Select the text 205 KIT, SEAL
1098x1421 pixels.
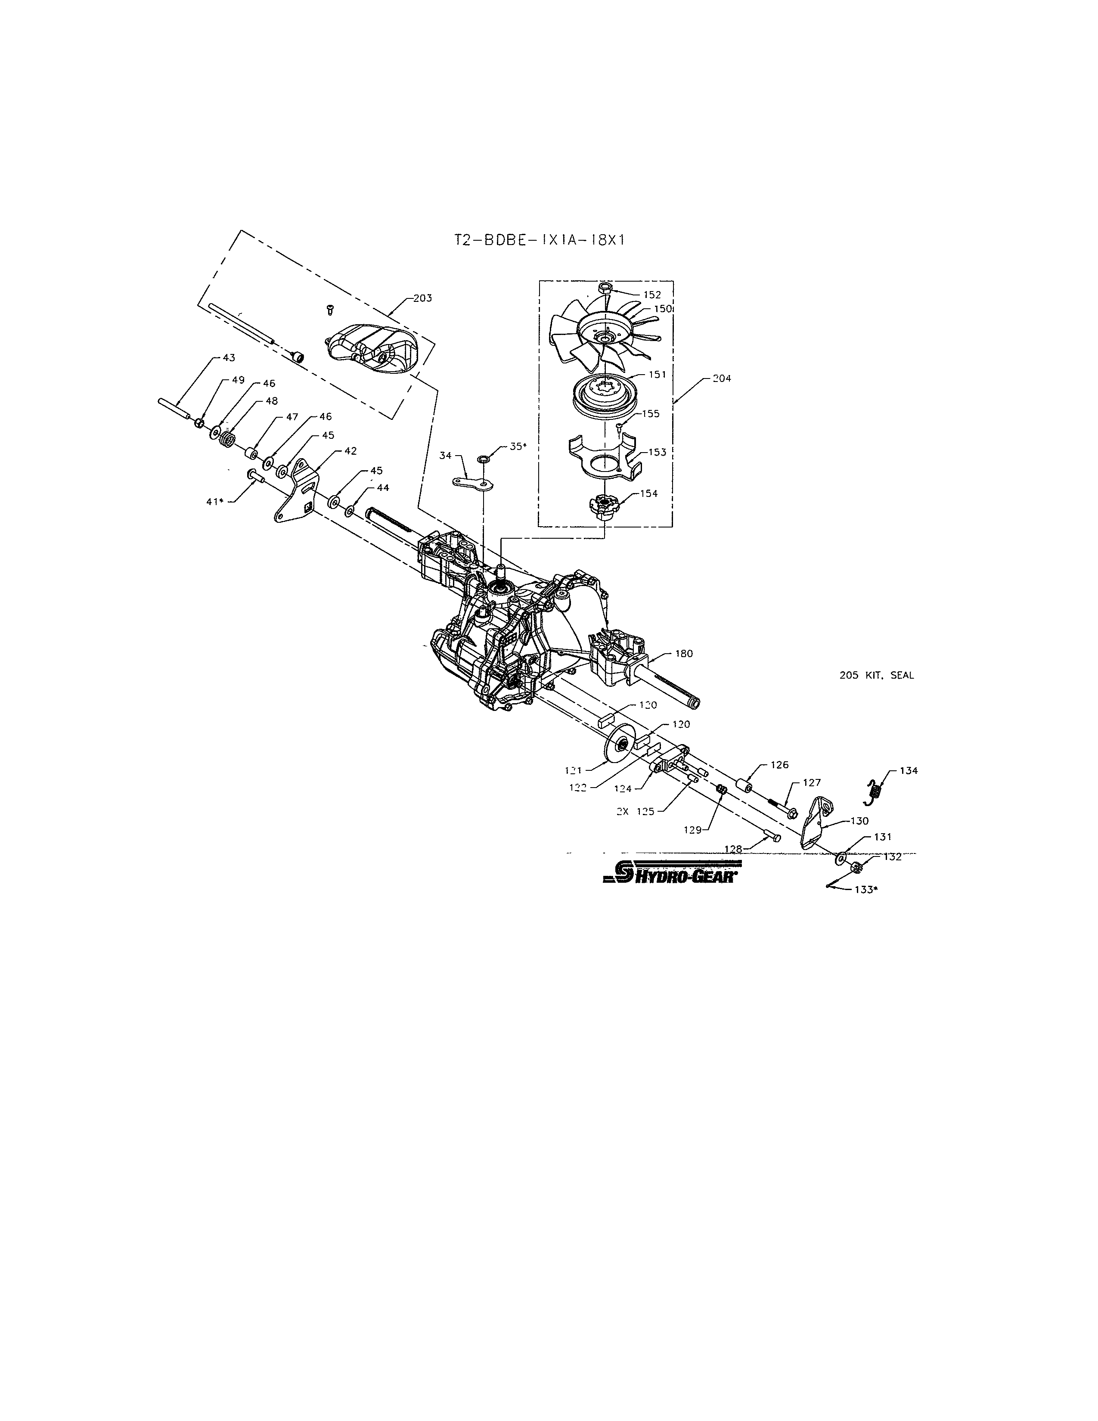(x=876, y=675)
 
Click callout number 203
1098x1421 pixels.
(x=422, y=298)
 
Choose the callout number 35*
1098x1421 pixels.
(x=517, y=447)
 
